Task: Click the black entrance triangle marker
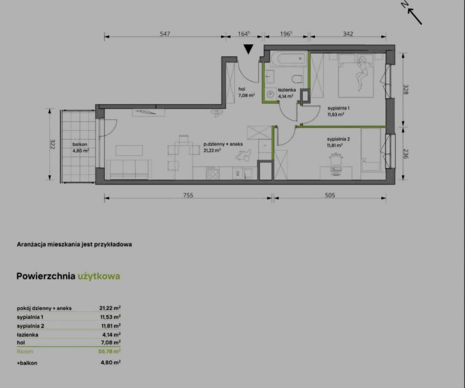[x=248, y=49]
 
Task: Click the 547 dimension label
[x=165, y=34]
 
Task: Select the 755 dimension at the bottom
[x=188, y=195]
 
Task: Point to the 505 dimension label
[x=330, y=195]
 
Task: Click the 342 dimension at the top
[x=348, y=34]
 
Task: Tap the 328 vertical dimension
[x=406, y=89]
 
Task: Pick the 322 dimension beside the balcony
[x=53, y=144]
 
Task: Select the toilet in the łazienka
[x=297, y=79]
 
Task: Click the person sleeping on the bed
[x=362, y=73]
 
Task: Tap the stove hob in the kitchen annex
[x=213, y=173]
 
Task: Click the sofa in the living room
[x=129, y=170]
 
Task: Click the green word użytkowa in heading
[x=99, y=276]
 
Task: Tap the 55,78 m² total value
[x=109, y=352]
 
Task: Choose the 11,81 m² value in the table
[x=111, y=326]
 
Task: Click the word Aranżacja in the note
[x=31, y=245]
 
